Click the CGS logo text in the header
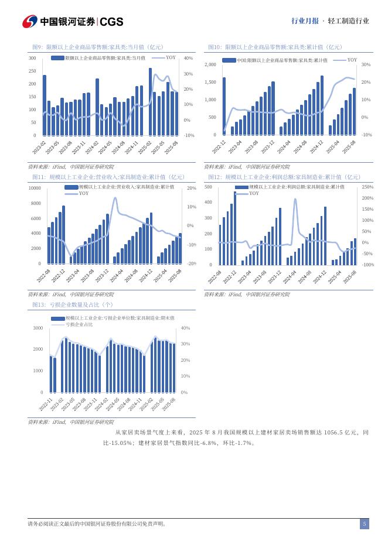click(111, 22)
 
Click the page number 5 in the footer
click(364, 524)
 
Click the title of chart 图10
click(275, 47)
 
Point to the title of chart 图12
click(284, 177)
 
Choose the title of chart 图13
click(73, 305)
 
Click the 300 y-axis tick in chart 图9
click(32, 59)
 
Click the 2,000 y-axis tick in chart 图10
click(210, 64)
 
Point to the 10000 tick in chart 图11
click(34, 188)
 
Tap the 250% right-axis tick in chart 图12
click(367, 187)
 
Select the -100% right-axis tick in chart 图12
click(368, 265)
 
